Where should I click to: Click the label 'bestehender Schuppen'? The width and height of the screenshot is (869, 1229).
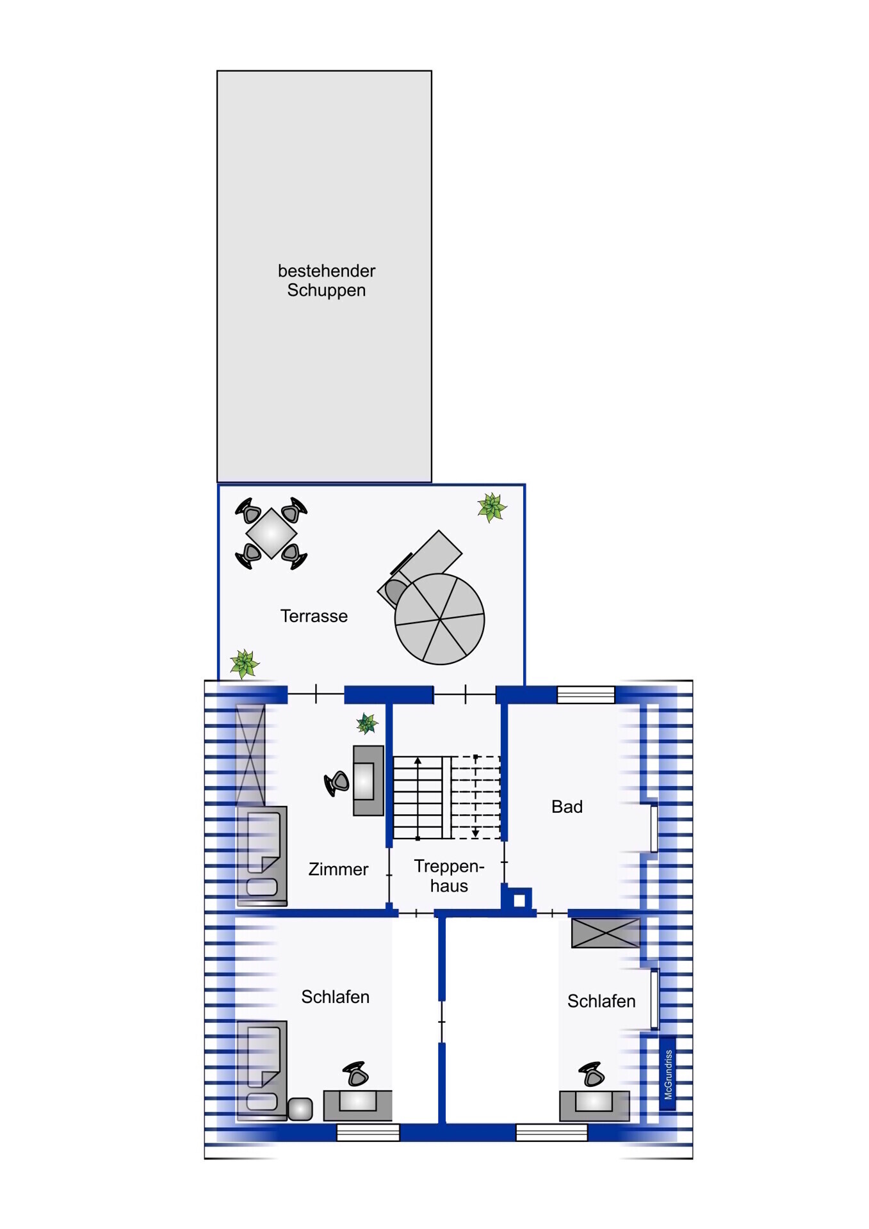coord(327,280)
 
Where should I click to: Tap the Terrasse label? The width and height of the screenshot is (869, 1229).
coord(314,616)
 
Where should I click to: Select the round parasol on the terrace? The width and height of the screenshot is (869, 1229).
coord(439,619)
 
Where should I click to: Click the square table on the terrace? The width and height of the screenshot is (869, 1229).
coord(271,533)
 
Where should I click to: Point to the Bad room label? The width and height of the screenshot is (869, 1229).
coord(567,807)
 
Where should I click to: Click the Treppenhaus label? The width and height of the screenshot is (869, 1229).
coord(449,876)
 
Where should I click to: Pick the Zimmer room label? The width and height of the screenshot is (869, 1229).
coord(338,869)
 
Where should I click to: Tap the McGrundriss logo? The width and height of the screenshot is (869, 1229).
coord(668,1073)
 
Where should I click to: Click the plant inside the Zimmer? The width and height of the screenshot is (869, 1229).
coord(367,724)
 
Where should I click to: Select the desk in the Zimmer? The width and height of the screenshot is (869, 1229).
coord(368,780)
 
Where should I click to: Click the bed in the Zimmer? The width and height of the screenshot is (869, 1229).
coord(262,856)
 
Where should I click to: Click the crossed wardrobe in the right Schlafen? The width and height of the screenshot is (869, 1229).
coord(605,933)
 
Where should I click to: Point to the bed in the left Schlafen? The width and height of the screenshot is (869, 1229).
coord(262,1070)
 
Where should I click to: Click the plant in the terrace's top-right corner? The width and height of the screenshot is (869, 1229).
coord(492,508)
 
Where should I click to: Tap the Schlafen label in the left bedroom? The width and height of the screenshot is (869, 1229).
coord(335,997)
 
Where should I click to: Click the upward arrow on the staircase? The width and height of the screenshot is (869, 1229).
coord(418,798)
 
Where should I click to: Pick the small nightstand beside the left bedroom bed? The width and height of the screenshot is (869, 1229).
coord(300,1109)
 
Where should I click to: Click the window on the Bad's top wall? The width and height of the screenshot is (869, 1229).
coord(585,695)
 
